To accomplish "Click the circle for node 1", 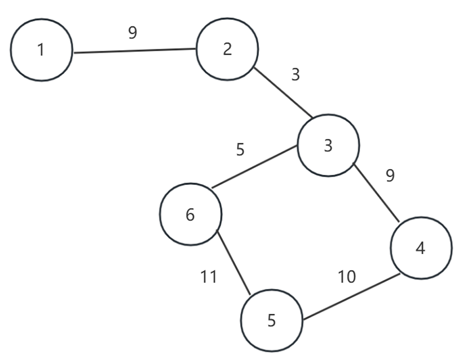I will pos(42,50).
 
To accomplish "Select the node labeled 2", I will pos(228,49).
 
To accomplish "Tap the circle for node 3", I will pos(328,145).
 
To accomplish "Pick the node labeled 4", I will pos(421,248).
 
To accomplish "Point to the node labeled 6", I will pos(190,214).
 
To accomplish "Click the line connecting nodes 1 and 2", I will pos(134,51).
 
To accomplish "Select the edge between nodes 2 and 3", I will pos(284,93).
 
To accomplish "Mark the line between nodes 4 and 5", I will pos(351,296).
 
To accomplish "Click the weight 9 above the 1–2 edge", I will pos(132,33).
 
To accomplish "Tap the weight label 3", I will pos(296,75).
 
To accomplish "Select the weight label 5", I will pos(240,150).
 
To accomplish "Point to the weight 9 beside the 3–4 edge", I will pos(390,176).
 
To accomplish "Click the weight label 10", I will pos(347,277).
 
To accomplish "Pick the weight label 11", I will pos(209,276).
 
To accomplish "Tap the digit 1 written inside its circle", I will pos(41,50).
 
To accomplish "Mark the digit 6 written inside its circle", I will pos(190,215).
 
